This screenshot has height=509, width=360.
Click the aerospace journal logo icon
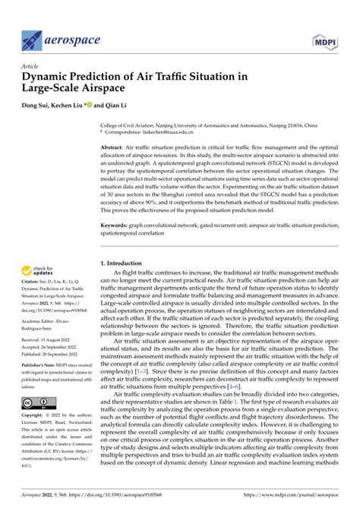(33, 39)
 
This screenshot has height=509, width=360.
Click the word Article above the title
(30, 66)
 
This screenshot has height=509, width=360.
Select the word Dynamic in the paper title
(50, 77)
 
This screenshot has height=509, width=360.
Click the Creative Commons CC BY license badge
(36, 403)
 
